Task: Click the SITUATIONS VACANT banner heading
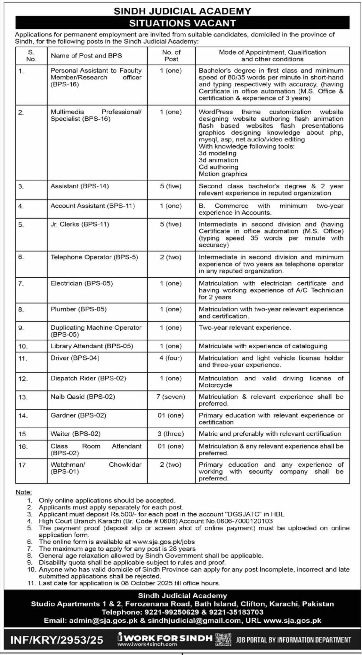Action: coord(182,23)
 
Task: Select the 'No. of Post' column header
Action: coord(171,56)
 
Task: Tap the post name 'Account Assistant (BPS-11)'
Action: coord(93,206)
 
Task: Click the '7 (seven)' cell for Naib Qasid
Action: coord(171,397)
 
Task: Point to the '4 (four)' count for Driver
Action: coord(171,358)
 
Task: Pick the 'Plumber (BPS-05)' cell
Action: coord(78,309)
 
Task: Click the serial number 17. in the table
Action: coord(23,465)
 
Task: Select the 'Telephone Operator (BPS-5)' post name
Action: coord(94,257)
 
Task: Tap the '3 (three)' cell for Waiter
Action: coord(171,434)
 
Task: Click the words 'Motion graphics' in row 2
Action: coord(223,174)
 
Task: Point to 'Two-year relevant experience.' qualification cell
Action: coord(245,328)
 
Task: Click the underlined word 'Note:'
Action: coord(24,492)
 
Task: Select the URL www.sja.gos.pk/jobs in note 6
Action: coord(163,542)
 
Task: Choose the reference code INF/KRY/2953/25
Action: coord(57,631)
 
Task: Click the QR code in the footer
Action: coord(223,630)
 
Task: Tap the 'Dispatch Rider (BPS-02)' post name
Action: coord(88,378)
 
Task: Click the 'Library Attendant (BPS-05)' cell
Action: coord(92,346)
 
